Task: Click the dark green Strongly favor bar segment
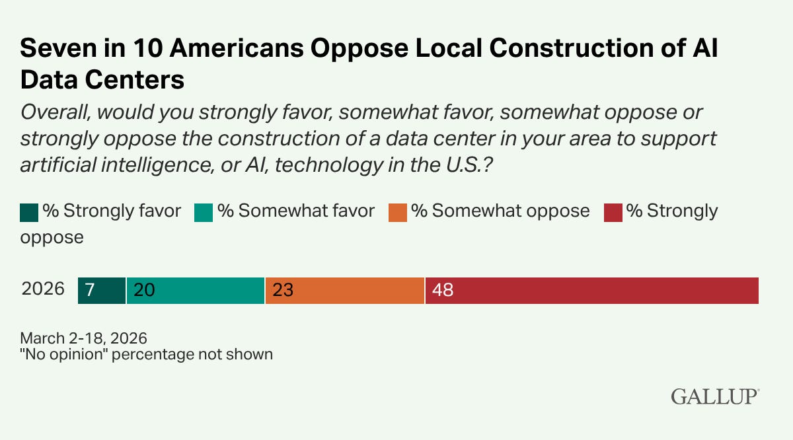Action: [102, 291]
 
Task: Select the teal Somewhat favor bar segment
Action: [196, 291]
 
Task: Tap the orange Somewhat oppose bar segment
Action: [345, 291]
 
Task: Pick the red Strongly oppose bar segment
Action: [592, 291]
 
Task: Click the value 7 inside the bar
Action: [90, 290]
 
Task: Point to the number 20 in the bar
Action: [145, 290]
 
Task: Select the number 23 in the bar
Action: [283, 290]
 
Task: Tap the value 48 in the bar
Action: [443, 290]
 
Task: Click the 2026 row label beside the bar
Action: [43, 289]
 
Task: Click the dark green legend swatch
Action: [29, 213]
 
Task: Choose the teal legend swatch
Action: [204, 213]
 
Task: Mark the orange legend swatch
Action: [398, 213]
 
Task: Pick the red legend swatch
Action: [613, 213]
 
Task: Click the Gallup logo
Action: [715, 396]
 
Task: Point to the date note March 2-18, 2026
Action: [83, 338]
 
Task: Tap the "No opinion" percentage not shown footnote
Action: [147, 354]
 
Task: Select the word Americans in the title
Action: [237, 48]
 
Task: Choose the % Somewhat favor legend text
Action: [296, 211]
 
